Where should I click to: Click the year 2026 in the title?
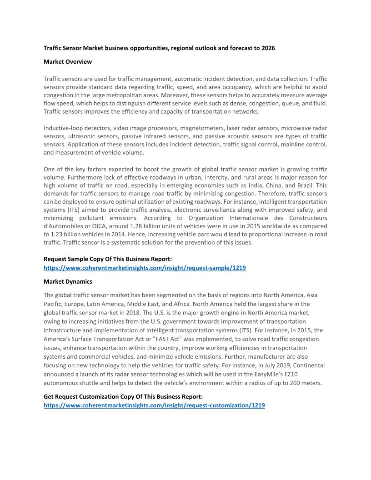[x=268, y=48]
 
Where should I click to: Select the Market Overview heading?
[x=68, y=61]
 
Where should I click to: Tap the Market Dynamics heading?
[x=68, y=281]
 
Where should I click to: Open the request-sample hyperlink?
[x=145, y=268]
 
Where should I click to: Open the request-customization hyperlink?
[x=154, y=405]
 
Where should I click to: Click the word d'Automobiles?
[x=64, y=226]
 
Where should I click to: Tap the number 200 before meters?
[x=291, y=382]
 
